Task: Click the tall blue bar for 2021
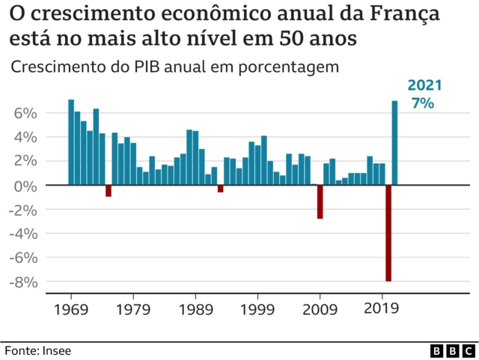click(394, 142)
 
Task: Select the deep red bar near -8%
click(388, 233)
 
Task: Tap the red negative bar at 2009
click(320, 201)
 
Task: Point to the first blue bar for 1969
click(71, 141)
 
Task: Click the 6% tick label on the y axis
click(25, 113)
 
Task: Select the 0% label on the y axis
click(25, 185)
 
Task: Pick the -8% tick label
click(22, 282)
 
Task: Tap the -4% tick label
click(22, 234)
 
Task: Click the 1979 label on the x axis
click(133, 308)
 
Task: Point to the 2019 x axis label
click(382, 308)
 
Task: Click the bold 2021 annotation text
click(424, 85)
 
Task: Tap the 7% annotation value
click(423, 103)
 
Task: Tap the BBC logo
click(451, 350)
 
